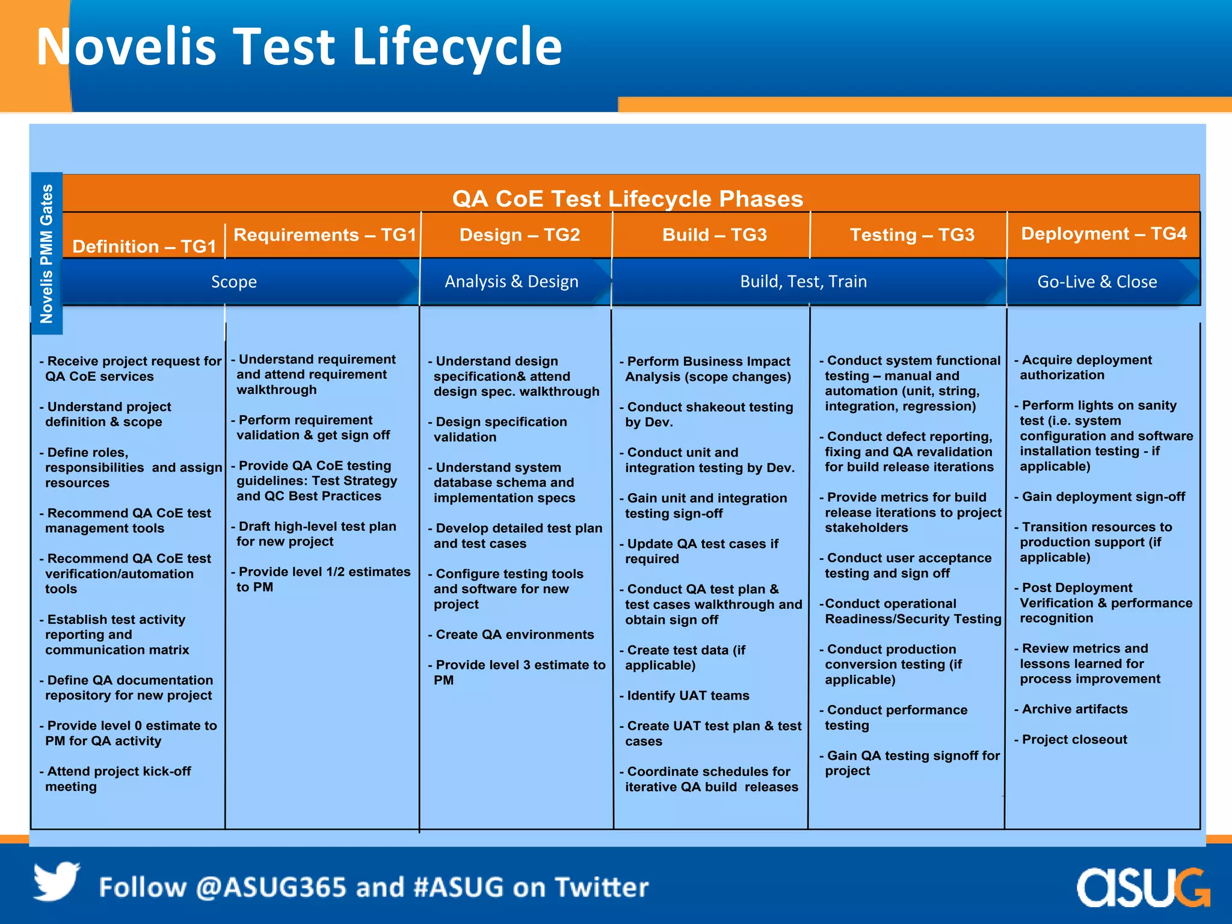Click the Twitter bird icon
[57, 881]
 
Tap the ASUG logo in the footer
[1142, 887]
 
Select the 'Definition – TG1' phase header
[144, 247]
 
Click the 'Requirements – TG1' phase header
[324, 235]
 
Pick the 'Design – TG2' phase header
[519, 235]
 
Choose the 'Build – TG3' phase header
[714, 235]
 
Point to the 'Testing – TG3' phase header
[911, 235]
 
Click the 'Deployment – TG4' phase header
[1104, 233]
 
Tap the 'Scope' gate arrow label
[233, 282]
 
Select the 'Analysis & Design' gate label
[511, 282]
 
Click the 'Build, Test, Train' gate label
[803, 282]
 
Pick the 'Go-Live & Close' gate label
[1097, 282]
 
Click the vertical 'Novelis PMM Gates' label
[47, 253]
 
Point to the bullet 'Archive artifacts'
[1074, 709]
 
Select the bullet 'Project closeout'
[1074, 739]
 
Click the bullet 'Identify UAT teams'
[688, 696]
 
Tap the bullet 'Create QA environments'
[514, 635]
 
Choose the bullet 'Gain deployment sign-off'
[1103, 497]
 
